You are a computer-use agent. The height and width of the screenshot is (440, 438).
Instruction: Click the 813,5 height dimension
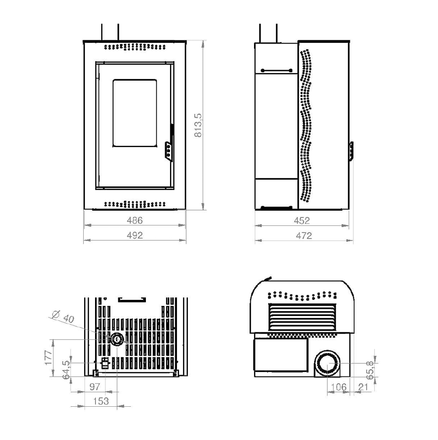[198, 125]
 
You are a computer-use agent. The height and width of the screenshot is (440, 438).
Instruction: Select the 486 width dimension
[135, 220]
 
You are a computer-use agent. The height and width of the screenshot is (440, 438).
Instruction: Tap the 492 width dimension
[135, 235]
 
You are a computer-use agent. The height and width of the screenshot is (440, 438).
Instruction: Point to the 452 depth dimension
[302, 221]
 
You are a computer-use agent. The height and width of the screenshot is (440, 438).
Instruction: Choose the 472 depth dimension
[304, 236]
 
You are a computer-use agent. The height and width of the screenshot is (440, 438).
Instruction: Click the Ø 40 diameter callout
[64, 317]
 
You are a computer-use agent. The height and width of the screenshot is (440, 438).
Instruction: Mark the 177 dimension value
[48, 358]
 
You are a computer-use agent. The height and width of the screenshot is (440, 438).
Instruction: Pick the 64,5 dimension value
[66, 370]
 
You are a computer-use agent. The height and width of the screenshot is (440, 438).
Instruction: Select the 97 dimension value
[95, 387]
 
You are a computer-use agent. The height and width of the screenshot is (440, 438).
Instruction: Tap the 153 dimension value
[101, 401]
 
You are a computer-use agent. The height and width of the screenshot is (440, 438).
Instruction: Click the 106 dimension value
[339, 387]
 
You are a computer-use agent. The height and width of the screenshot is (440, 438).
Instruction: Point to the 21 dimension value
[363, 387]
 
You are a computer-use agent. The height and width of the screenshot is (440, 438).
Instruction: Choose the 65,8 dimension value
[370, 370]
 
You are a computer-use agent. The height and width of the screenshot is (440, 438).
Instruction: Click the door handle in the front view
[169, 151]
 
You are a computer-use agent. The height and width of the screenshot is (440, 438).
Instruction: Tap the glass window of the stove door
[135, 113]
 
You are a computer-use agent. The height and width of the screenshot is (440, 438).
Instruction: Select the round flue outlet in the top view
[327, 363]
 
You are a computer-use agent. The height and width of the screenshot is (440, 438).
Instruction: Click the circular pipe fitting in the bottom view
[117, 340]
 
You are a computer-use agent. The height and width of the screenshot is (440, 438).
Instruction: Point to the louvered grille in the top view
[302, 317]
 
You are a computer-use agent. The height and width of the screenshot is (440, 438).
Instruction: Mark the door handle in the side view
[351, 151]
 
